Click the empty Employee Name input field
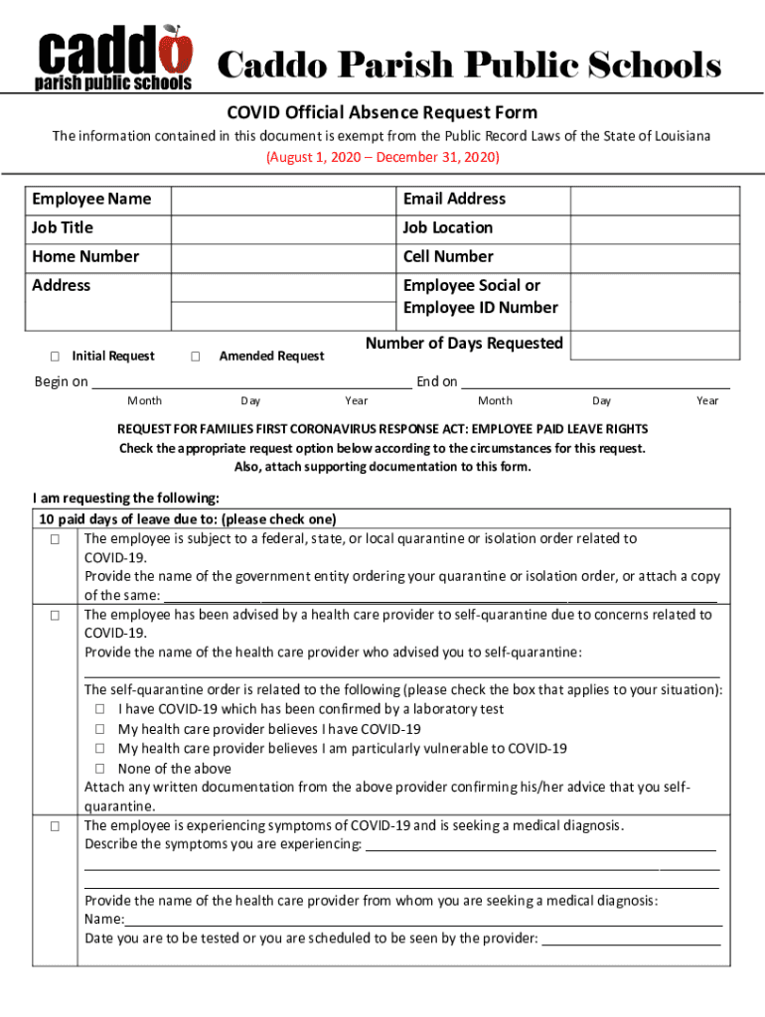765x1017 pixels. click(x=283, y=200)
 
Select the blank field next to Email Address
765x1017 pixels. click(x=655, y=200)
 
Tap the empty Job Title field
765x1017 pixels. click(x=283, y=228)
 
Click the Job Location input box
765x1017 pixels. click(x=655, y=228)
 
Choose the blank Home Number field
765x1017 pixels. click(x=283, y=257)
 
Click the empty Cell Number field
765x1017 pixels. click(x=655, y=257)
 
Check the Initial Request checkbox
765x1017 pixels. click(x=55, y=357)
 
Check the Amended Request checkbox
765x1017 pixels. click(x=196, y=357)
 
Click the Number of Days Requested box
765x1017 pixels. click(x=655, y=345)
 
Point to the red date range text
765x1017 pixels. click(x=382, y=158)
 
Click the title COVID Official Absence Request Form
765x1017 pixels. click(x=382, y=113)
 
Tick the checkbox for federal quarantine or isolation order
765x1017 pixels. click(x=56, y=539)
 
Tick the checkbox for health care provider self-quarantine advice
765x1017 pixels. click(x=56, y=616)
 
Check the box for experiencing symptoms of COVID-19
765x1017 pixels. click(x=56, y=826)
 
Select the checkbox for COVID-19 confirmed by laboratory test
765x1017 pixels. click(x=100, y=710)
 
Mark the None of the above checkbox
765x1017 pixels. click(x=100, y=769)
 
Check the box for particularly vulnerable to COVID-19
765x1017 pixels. click(x=100, y=749)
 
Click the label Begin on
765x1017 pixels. click(x=61, y=382)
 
